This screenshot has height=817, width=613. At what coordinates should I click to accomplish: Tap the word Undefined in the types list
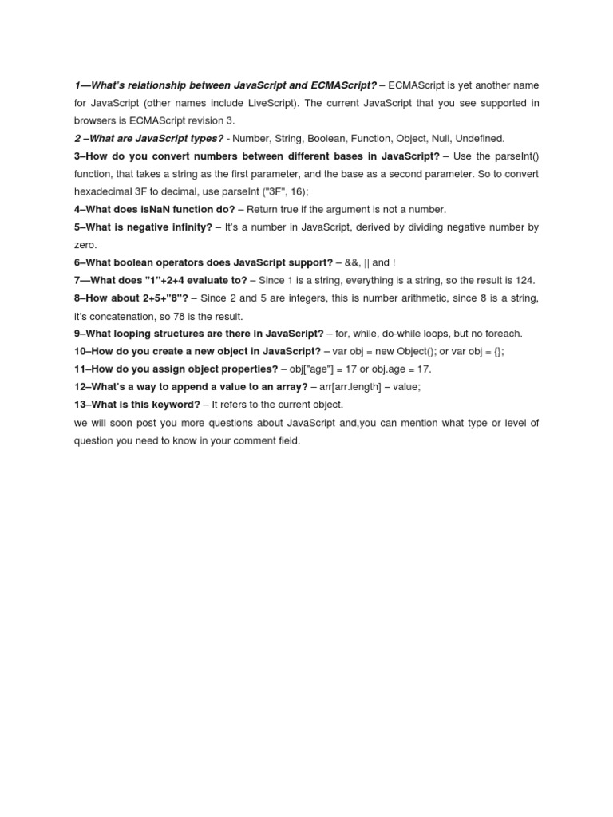point(479,138)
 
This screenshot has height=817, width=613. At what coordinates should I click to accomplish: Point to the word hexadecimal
point(105,191)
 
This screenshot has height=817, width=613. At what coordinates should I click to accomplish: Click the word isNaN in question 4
point(160,209)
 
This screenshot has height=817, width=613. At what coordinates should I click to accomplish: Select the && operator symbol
point(353,262)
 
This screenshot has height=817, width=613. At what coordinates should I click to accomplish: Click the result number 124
point(524,280)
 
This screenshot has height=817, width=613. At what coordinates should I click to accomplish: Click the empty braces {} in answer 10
point(496,352)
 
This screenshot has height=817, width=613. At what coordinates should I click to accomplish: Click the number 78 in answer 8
point(167,316)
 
